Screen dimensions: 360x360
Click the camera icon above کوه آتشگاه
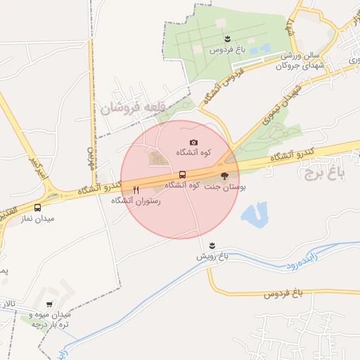(x=194, y=142)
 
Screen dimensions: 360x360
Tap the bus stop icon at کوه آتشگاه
(x=183, y=174)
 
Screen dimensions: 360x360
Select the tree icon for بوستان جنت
(x=224, y=176)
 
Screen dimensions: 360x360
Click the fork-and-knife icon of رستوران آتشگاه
(x=136, y=190)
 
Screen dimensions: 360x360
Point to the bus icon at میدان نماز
(x=37, y=207)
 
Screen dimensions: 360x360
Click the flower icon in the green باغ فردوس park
(x=227, y=39)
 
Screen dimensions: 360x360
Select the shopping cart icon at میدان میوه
(x=49, y=304)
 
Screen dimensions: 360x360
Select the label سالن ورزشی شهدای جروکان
(x=300, y=60)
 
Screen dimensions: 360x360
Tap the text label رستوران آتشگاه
(x=136, y=200)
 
